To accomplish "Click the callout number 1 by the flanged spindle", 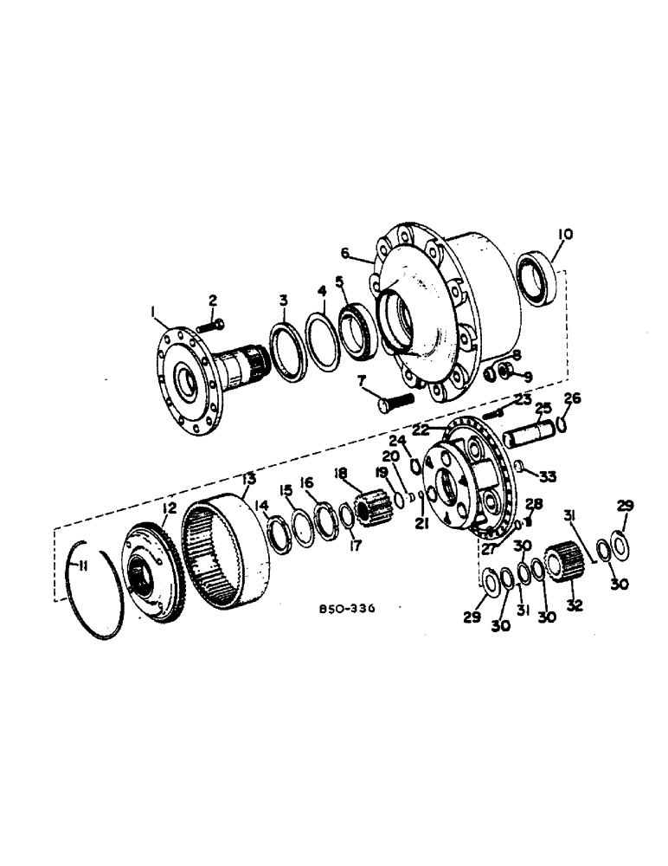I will click(152, 310).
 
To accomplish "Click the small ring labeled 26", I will click(564, 424).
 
